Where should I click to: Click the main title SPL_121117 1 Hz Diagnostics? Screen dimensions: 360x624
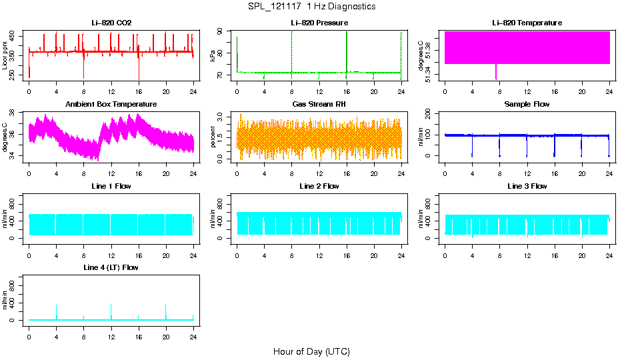click(311, 7)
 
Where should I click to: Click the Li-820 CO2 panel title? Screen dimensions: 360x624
click(111, 23)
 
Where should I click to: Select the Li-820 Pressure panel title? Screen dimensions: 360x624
click(319, 23)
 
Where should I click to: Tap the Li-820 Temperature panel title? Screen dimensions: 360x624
click(527, 23)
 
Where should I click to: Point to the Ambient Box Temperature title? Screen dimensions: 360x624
click(111, 105)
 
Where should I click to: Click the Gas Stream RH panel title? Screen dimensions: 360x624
click(319, 105)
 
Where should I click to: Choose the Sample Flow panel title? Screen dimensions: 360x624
click(527, 105)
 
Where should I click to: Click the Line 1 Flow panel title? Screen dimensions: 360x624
click(111, 186)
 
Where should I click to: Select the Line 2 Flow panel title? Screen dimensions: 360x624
click(319, 186)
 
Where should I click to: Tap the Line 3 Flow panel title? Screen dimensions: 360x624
click(527, 186)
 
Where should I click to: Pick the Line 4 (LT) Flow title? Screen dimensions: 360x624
click(111, 267)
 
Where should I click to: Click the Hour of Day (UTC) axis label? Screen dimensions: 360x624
click(311, 351)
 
